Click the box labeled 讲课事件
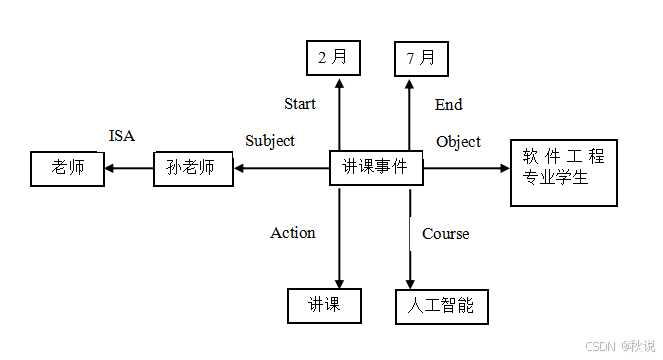coord(376,168)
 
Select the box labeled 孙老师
coord(191,168)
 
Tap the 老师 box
coord(67,168)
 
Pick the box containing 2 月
coord(333,58)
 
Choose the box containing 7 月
coord(421,58)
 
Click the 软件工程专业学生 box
coord(564,172)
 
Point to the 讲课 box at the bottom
coord(324,305)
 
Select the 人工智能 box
coord(441,306)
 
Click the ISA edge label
coord(121,136)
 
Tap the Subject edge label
coord(270,141)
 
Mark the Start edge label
coord(300,104)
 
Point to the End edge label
coord(449,105)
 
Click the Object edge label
coord(458,142)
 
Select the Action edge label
coord(293,233)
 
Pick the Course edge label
coord(445,234)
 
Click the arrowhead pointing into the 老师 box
coord(111,169)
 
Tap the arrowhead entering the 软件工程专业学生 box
coord(504,169)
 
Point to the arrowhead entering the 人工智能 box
coord(410,283)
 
